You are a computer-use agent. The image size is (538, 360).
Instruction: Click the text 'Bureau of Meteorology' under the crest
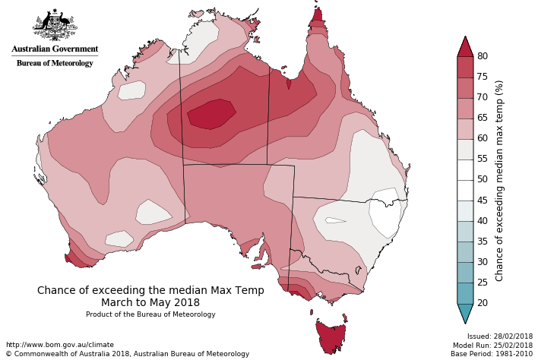55,63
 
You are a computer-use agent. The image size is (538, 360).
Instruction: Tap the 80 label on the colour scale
482,56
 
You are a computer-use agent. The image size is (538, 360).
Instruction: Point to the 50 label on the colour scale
482,179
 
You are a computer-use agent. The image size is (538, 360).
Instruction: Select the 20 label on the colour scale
482,303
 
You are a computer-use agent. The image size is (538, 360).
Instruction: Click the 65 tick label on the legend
482,118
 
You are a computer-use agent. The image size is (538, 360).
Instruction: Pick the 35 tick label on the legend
482,242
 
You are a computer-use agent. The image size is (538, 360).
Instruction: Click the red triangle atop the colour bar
465,47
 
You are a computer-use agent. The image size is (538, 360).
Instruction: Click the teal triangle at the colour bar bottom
465,313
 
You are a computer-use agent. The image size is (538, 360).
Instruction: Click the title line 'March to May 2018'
150,302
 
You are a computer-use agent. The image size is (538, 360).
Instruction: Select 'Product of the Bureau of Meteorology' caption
150,314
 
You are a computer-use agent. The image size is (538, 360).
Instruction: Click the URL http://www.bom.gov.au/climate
59,345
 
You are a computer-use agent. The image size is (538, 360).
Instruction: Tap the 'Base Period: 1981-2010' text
492,354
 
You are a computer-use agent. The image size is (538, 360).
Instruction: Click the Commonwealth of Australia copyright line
127,354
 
